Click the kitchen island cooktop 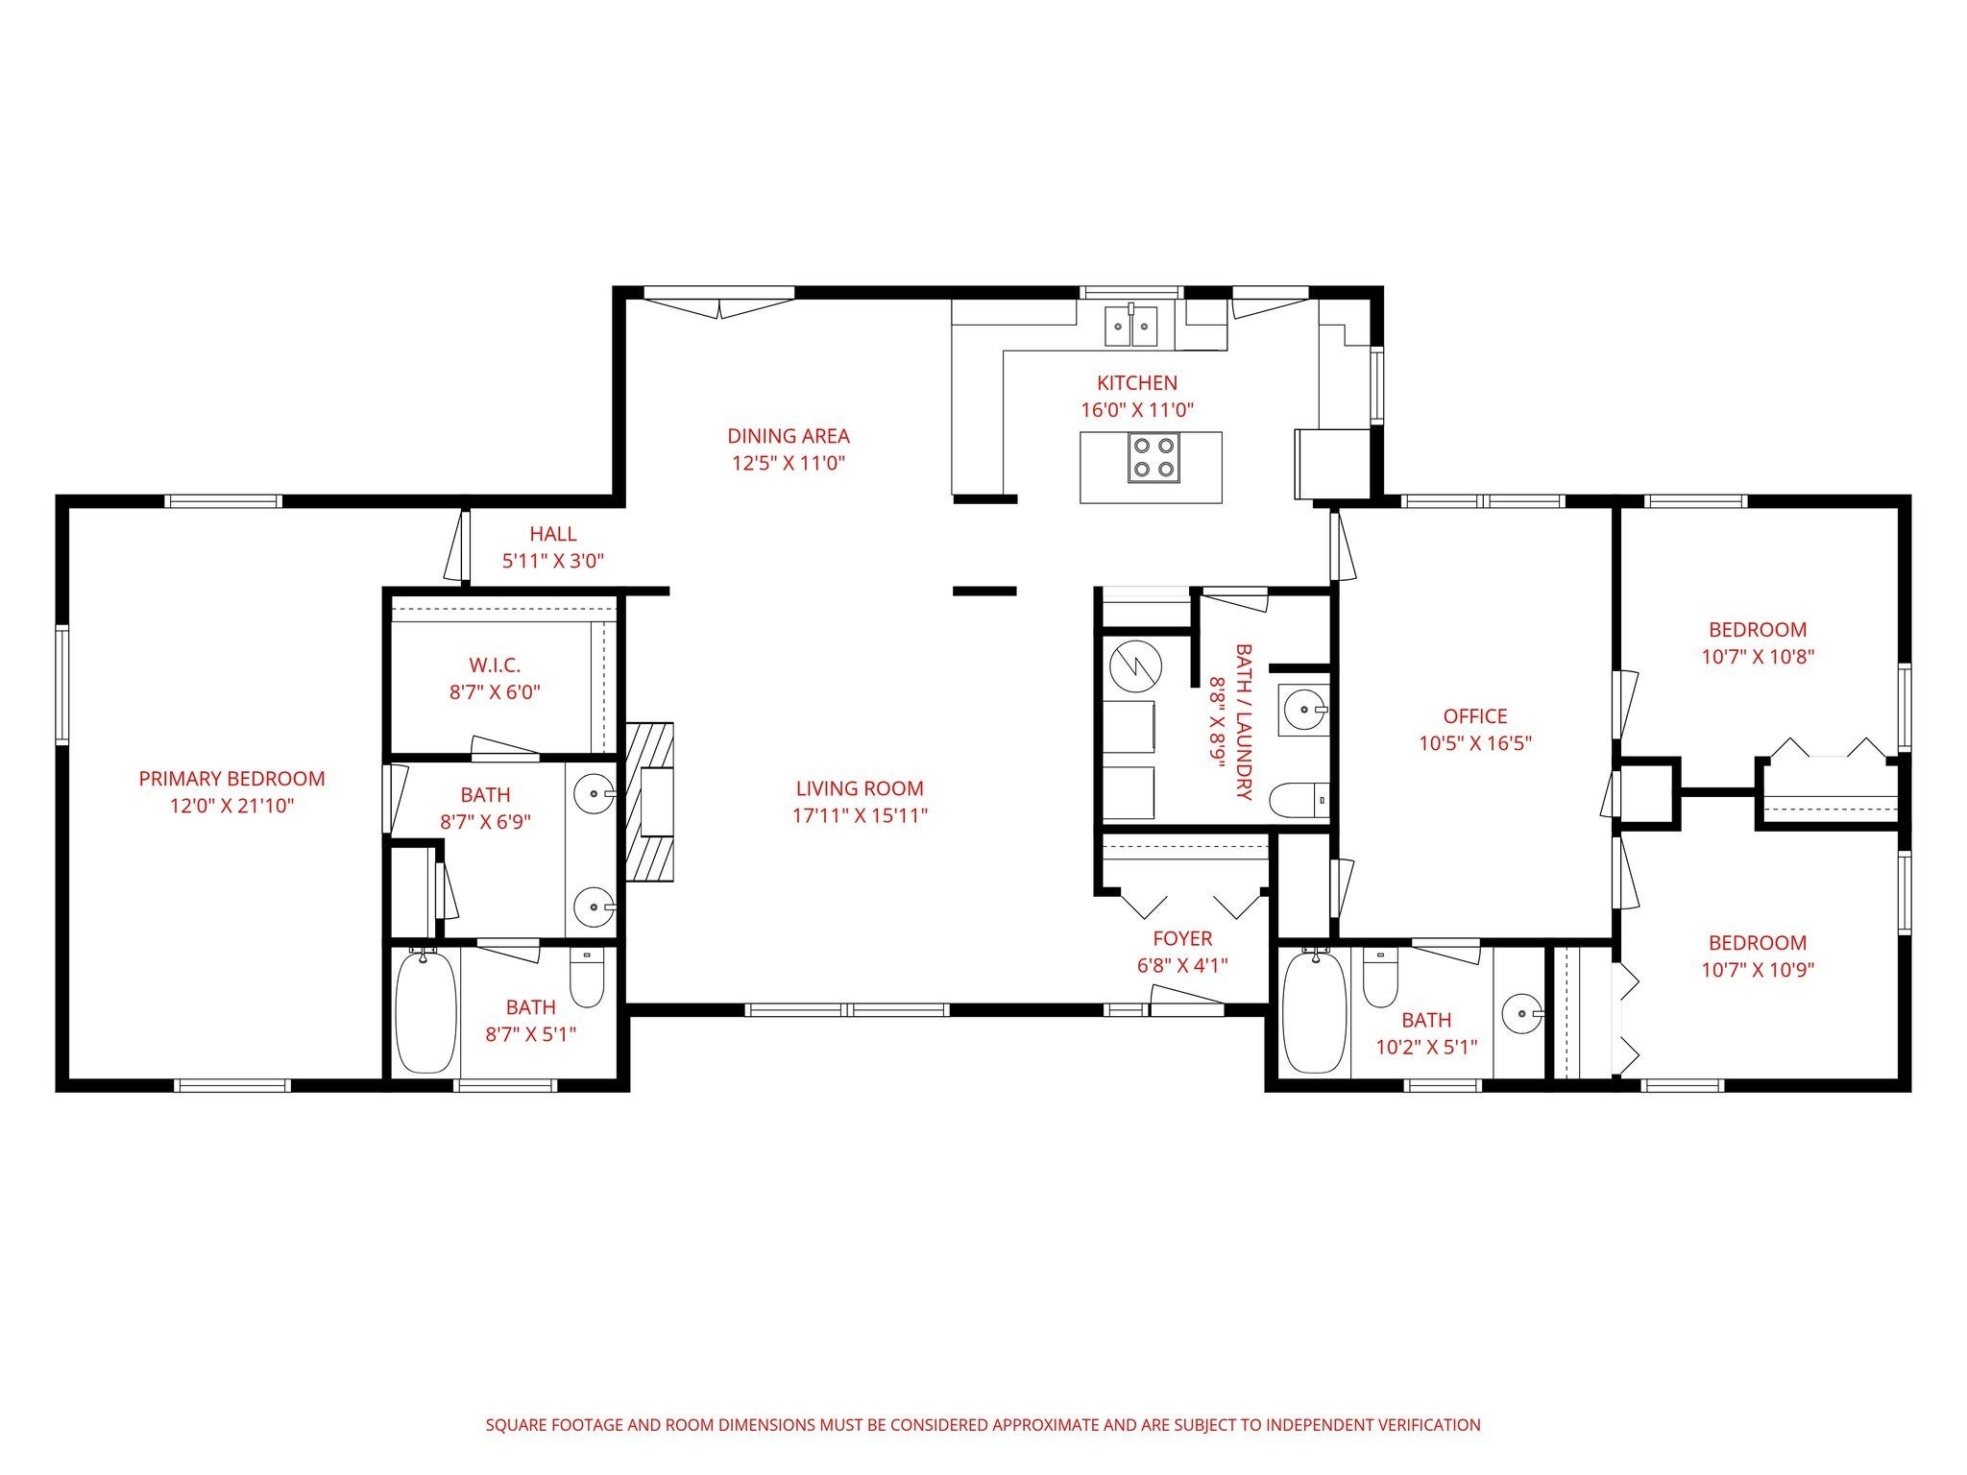(x=1153, y=457)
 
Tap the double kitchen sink (x=1131, y=326)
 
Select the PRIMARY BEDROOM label (x=231, y=779)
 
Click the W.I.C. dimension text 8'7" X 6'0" (x=495, y=691)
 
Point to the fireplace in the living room (x=650, y=802)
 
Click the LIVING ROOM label (x=860, y=788)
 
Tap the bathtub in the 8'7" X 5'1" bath (x=425, y=1010)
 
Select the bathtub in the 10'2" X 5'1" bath (x=1315, y=1011)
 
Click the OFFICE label (x=1475, y=716)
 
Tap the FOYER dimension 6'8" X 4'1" (x=1182, y=965)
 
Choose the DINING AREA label (x=789, y=436)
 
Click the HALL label (x=553, y=534)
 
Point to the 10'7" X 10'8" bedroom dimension (x=1758, y=657)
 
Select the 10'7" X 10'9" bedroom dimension (x=1758, y=970)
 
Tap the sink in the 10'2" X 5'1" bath (x=1522, y=1012)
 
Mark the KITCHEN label (x=1137, y=382)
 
